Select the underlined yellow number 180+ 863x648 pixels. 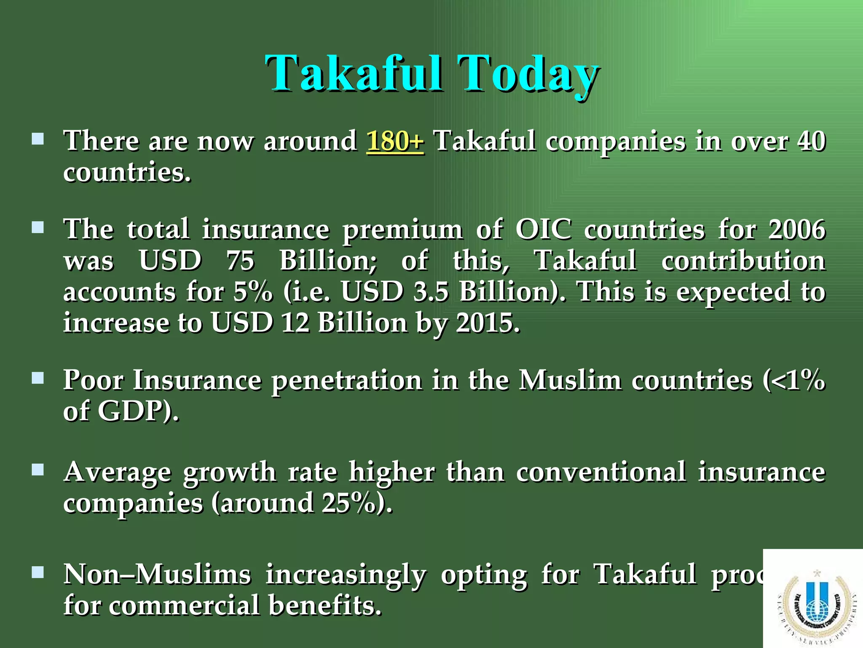[395, 141]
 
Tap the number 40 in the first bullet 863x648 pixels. [811, 141]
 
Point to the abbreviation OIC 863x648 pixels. [544, 230]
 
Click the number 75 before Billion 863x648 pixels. [240, 261]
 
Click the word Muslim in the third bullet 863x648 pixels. [570, 380]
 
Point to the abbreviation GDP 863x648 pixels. [131, 411]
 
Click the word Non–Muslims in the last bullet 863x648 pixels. [157, 575]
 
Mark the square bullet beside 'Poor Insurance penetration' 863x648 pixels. [38, 378]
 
